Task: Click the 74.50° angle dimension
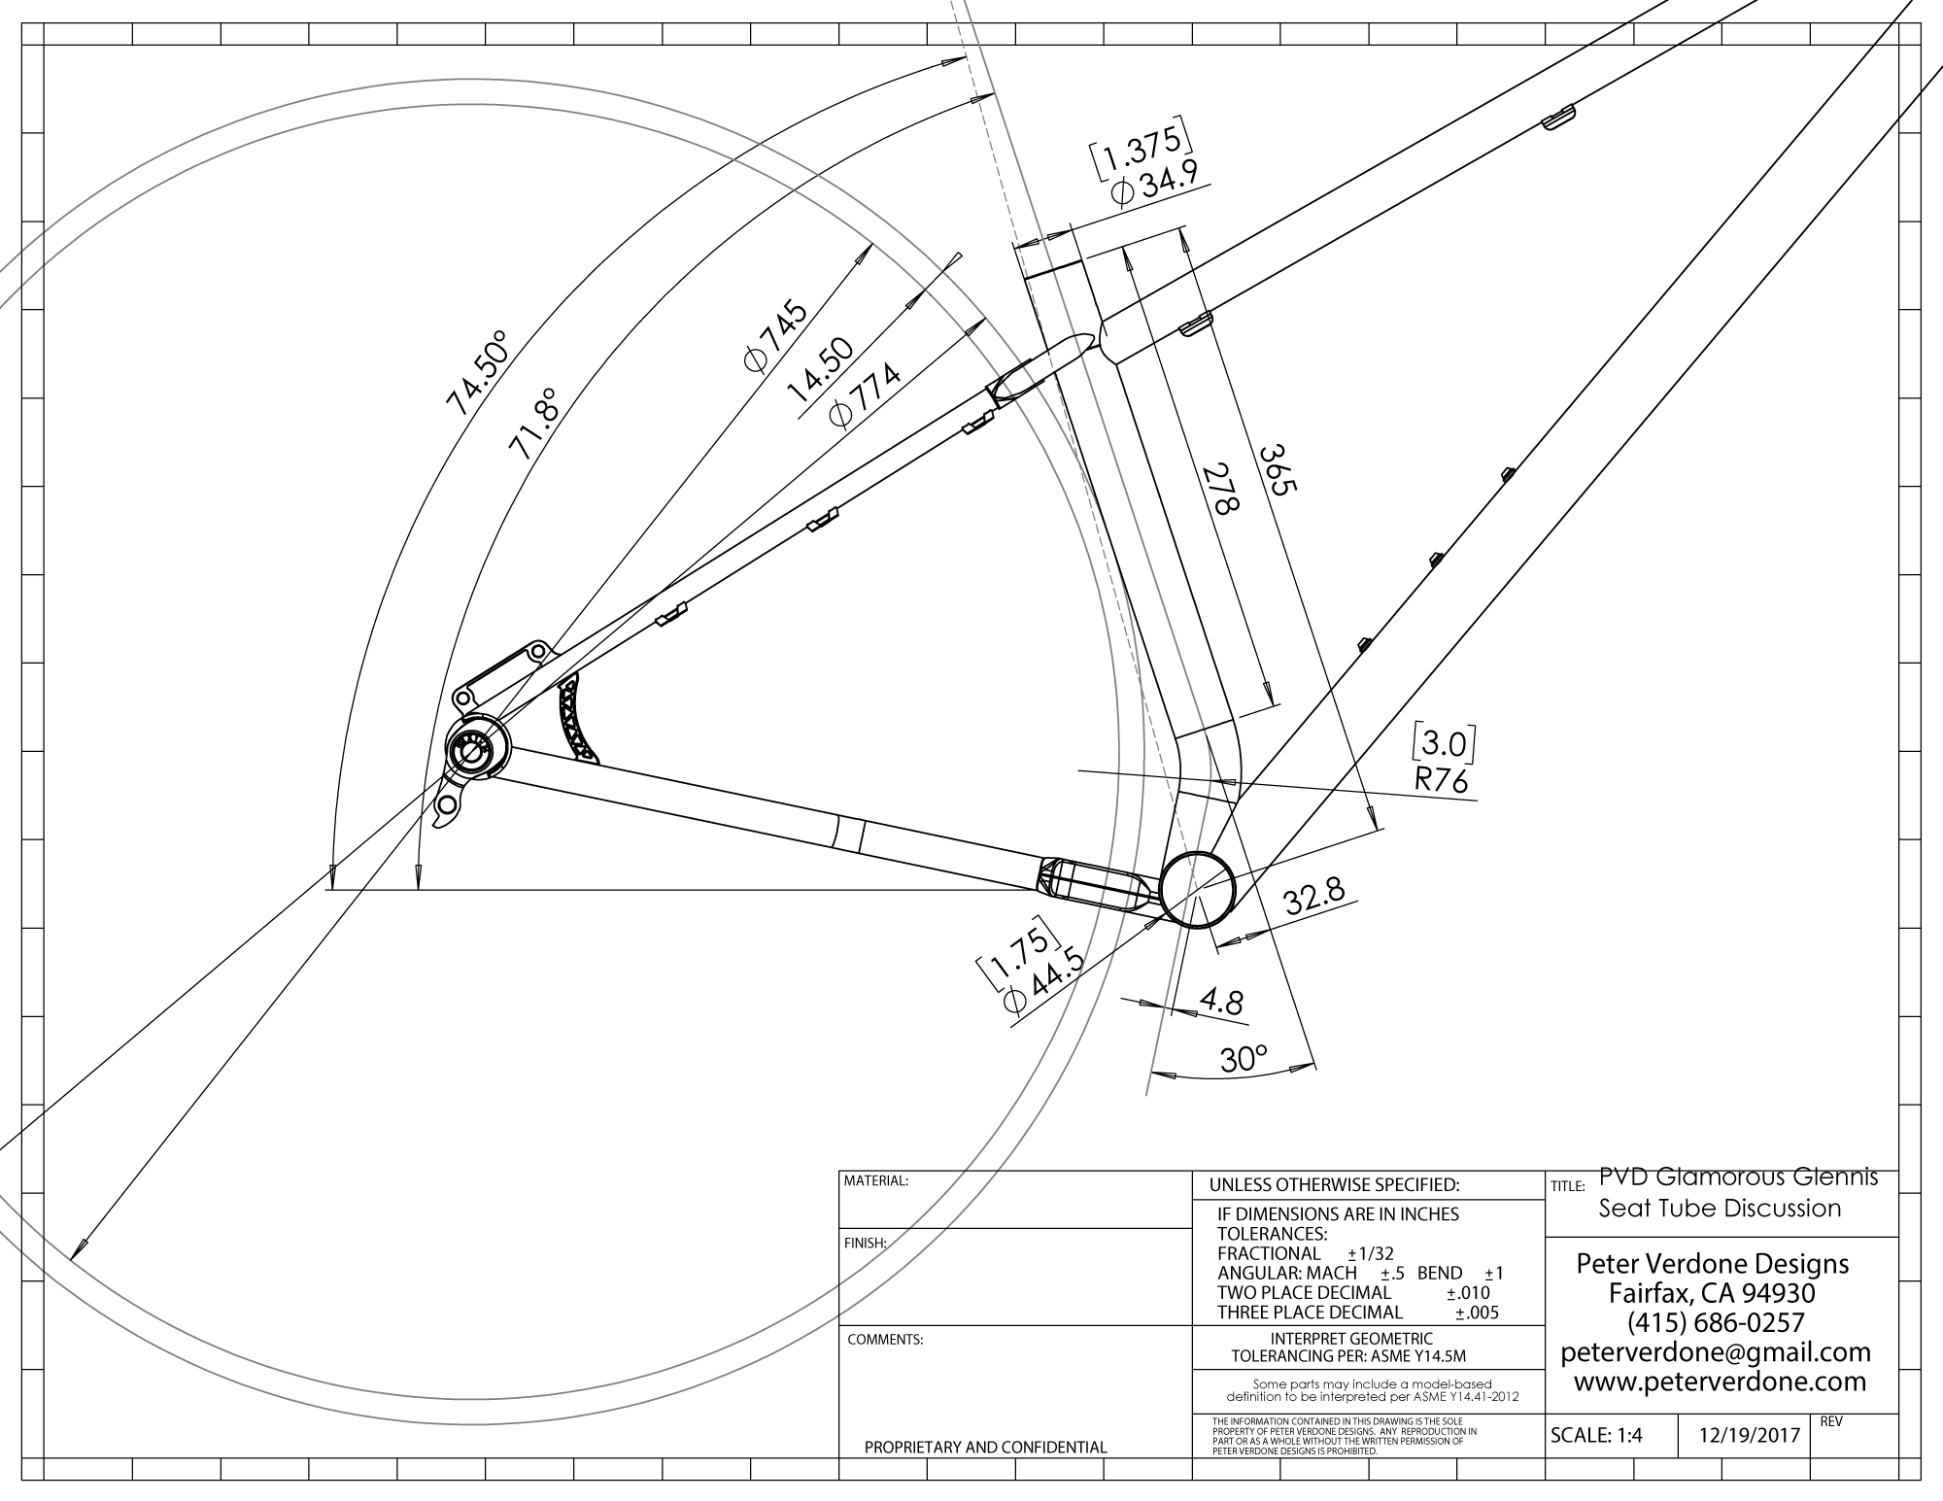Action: (477, 374)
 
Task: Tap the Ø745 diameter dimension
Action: (775, 336)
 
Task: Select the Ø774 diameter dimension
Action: (865, 397)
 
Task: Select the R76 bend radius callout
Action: (1443, 780)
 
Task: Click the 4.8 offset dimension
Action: (1219, 1002)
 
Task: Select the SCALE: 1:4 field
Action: (1596, 1436)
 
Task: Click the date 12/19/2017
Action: (1745, 1436)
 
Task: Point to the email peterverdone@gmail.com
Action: (1715, 1352)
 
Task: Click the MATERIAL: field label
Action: (876, 1181)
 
